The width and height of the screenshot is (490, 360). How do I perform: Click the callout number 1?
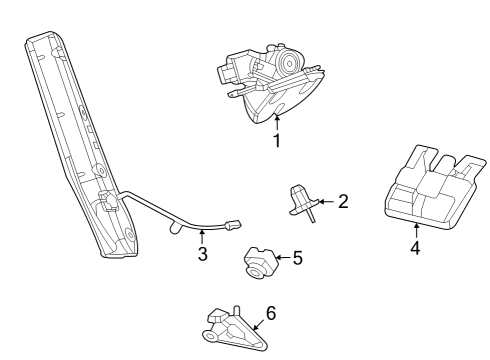276,141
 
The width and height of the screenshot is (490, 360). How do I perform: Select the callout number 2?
343,202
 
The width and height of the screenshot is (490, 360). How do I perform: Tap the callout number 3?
202,254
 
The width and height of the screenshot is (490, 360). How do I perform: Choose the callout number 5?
296,258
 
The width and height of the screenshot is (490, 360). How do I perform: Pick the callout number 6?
270,313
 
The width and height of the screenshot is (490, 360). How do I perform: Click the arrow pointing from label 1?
276,122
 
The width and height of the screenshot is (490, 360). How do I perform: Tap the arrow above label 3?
202,236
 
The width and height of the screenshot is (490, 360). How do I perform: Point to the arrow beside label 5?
280,259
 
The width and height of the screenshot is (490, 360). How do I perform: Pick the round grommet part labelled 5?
256,262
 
